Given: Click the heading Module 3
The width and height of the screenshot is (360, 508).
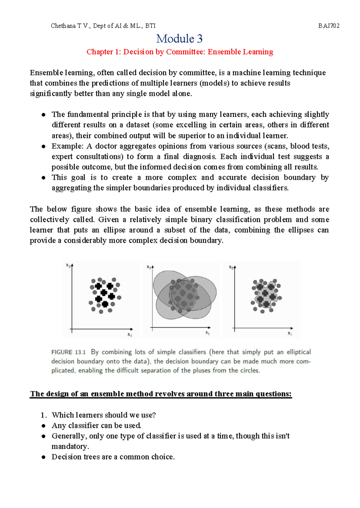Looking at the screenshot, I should pyautogui.click(x=179, y=39).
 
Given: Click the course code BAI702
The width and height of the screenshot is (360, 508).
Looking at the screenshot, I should pyautogui.click(x=329, y=26).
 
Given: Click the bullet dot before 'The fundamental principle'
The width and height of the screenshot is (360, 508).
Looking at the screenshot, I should pyautogui.click(x=44, y=115).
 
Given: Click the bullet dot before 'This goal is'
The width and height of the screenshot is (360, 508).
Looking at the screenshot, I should pyautogui.click(x=44, y=178).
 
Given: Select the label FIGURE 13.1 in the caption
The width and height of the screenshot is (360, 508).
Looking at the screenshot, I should pyautogui.click(x=68, y=352).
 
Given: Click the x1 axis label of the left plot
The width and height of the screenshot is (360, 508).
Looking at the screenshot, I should pyautogui.click(x=130, y=335).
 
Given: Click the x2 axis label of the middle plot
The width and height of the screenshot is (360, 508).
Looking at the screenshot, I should pyautogui.click(x=149, y=267).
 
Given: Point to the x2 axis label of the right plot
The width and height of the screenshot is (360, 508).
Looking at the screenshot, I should pyautogui.click(x=231, y=267).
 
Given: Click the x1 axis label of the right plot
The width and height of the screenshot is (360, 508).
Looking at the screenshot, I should pyautogui.click(x=290, y=333).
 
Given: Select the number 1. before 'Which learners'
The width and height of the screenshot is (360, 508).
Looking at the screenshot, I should pyautogui.click(x=44, y=415).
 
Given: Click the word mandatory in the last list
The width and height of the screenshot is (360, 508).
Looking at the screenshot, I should pyautogui.click(x=70, y=447).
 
